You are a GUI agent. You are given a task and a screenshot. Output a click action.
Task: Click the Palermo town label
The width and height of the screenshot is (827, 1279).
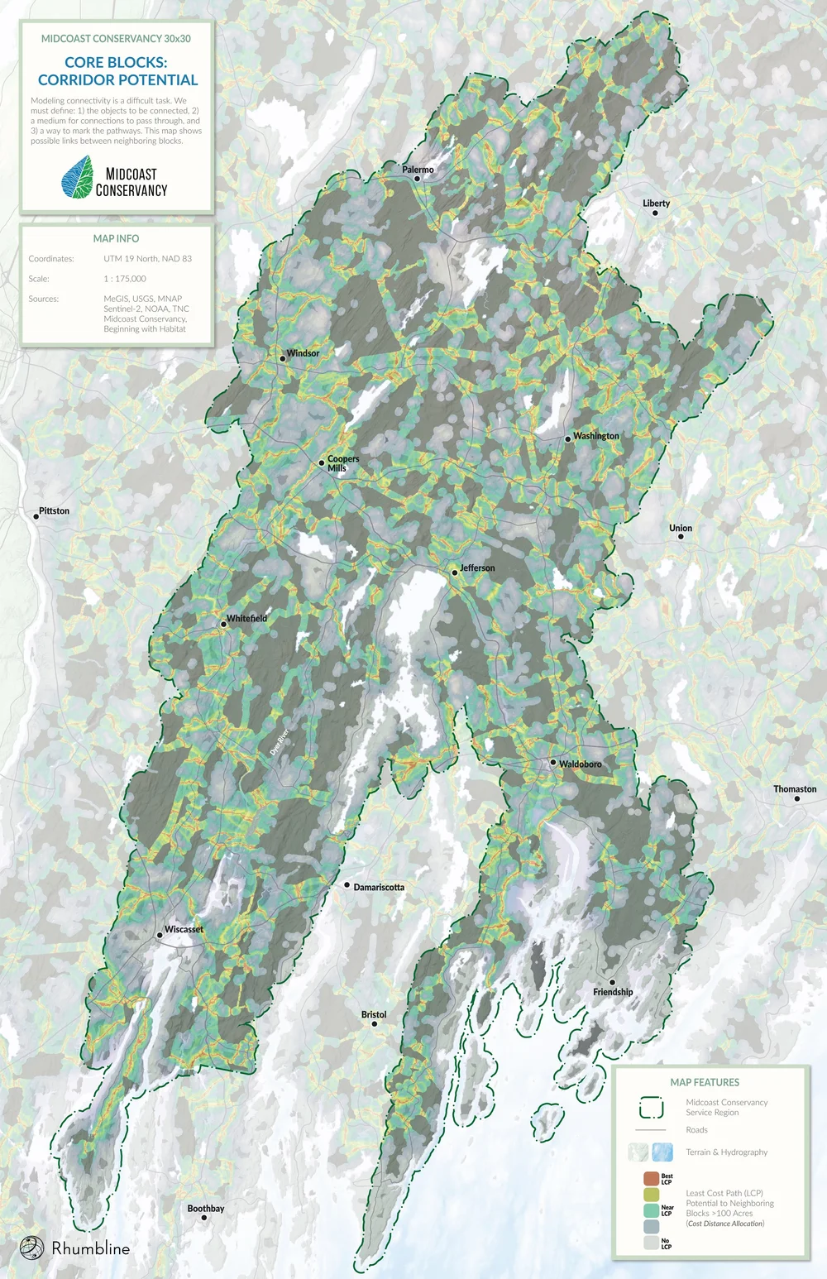tap(418, 170)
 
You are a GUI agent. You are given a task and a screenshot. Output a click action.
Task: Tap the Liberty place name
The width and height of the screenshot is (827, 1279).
tap(657, 204)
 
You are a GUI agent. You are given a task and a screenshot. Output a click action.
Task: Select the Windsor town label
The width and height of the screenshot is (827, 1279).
tap(303, 353)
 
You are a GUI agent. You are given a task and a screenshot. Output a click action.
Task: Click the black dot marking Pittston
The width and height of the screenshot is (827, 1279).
tap(36, 516)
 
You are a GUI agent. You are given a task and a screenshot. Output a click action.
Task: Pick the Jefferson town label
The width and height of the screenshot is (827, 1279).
tap(477, 568)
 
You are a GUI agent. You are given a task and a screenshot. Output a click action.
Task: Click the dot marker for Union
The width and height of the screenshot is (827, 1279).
tap(681, 537)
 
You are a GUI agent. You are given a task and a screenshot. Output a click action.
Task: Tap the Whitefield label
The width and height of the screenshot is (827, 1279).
tap(246, 619)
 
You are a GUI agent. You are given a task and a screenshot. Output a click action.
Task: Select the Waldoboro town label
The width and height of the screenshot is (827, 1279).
tap(581, 764)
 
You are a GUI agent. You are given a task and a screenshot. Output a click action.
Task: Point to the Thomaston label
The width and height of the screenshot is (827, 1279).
tap(795, 789)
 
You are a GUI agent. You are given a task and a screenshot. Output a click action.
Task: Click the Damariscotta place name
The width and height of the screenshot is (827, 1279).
tap(379, 888)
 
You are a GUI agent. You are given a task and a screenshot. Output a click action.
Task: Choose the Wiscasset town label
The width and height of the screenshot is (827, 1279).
tap(184, 930)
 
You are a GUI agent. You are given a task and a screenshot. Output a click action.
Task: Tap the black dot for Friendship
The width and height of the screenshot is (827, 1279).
tap(612, 982)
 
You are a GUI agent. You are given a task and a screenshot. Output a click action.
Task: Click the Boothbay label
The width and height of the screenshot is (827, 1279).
tap(206, 1209)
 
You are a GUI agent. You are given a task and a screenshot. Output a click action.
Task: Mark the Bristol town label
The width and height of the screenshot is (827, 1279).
tap(374, 1015)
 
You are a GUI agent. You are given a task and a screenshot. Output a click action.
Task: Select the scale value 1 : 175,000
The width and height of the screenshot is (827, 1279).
tap(125, 279)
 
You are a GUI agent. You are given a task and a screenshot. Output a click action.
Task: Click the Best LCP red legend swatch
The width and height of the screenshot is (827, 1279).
tap(651, 1178)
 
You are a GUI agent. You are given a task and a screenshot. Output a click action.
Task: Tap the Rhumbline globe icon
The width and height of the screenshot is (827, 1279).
tap(31, 1248)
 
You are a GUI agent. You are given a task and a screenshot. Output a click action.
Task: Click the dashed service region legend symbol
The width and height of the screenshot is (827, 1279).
tap(652, 1108)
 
